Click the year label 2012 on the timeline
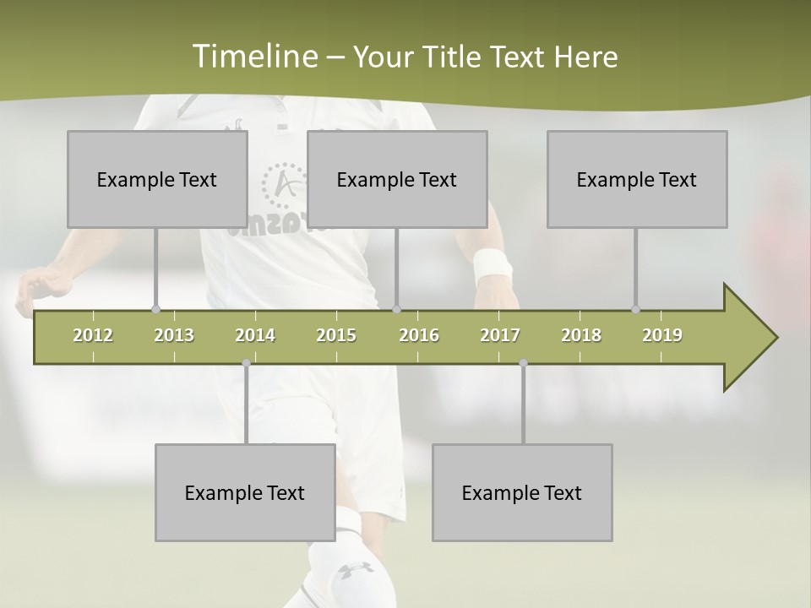click(x=93, y=335)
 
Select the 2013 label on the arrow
click(x=174, y=335)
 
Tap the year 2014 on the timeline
click(x=255, y=335)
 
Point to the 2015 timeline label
click(x=336, y=335)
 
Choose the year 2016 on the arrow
click(x=419, y=335)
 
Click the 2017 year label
click(x=500, y=335)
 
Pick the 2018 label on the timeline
click(x=581, y=335)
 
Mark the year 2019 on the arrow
click(x=662, y=335)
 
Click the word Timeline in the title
click(x=253, y=57)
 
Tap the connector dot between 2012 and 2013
click(x=155, y=309)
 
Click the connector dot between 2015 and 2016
click(x=396, y=309)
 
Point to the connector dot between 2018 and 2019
click(x=635, y=309)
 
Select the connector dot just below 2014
click(x=246, y=363)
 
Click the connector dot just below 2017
click(x=523, y=363)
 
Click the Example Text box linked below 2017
click(x=522, y=492)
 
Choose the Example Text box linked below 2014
click(x=245, y=492)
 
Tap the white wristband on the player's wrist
click(x=493, y=266)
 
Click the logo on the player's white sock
click(x=356, y=571)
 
